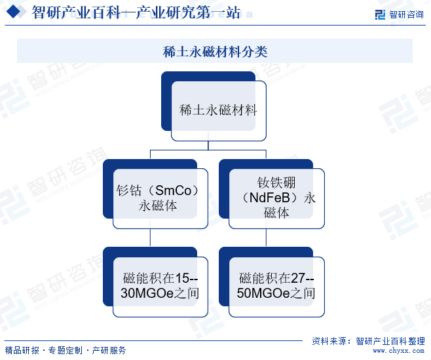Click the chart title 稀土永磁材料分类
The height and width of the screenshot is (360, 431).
tap(215, 52)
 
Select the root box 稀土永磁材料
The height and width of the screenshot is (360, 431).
tap(218, 110)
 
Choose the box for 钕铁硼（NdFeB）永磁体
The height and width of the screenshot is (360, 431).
tap(276, 198)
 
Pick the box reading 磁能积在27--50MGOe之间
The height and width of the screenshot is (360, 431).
tap(276, 286)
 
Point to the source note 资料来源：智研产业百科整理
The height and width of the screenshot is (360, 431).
tap(368, 341)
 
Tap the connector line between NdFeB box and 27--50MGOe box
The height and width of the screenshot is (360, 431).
tap(267, 237)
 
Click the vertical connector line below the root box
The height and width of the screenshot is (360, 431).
tap(209, 145)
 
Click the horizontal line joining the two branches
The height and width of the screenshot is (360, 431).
tap(209, 150)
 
